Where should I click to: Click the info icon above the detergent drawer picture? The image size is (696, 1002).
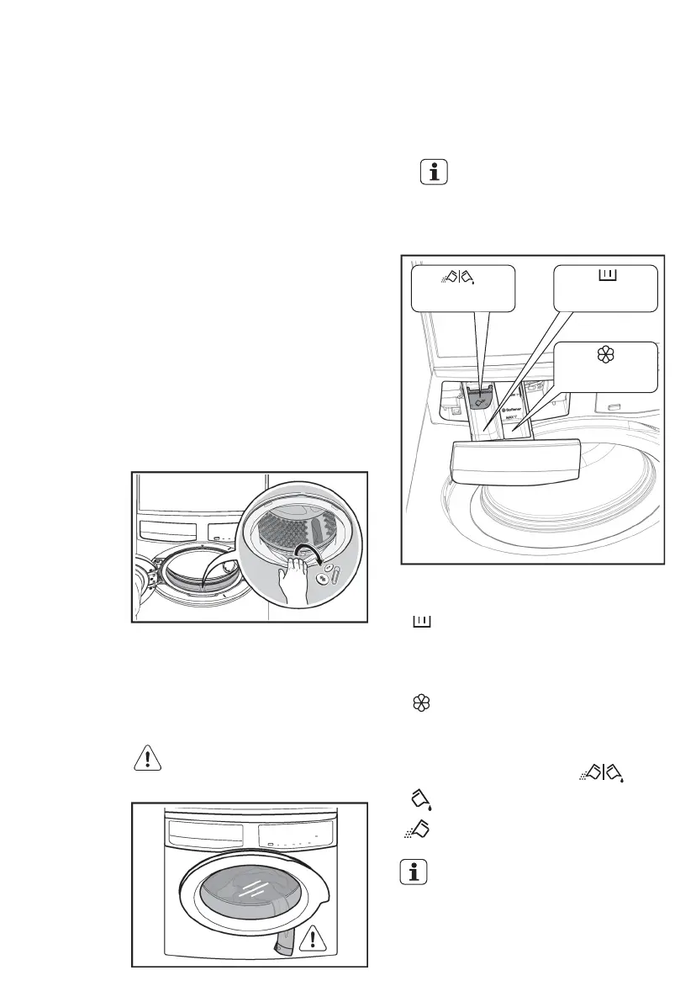pos(434,172)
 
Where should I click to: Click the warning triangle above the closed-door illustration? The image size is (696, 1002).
pos(146,758)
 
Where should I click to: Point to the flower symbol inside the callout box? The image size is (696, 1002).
pos(606,355)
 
